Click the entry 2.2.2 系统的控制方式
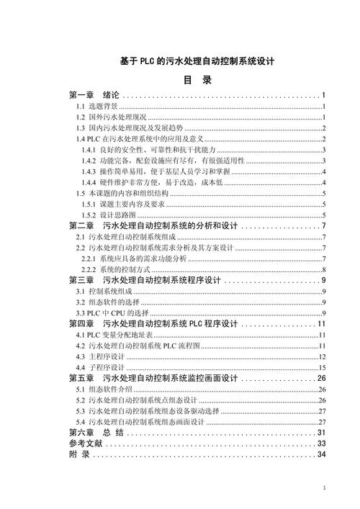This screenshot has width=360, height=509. click(115, 269)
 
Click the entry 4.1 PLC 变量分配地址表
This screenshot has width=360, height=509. click(112, 335)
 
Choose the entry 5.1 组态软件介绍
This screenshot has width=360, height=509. click(104, 389)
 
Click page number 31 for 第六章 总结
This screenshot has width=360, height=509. click(323, 433)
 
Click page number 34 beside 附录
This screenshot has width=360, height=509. click(323, 456)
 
